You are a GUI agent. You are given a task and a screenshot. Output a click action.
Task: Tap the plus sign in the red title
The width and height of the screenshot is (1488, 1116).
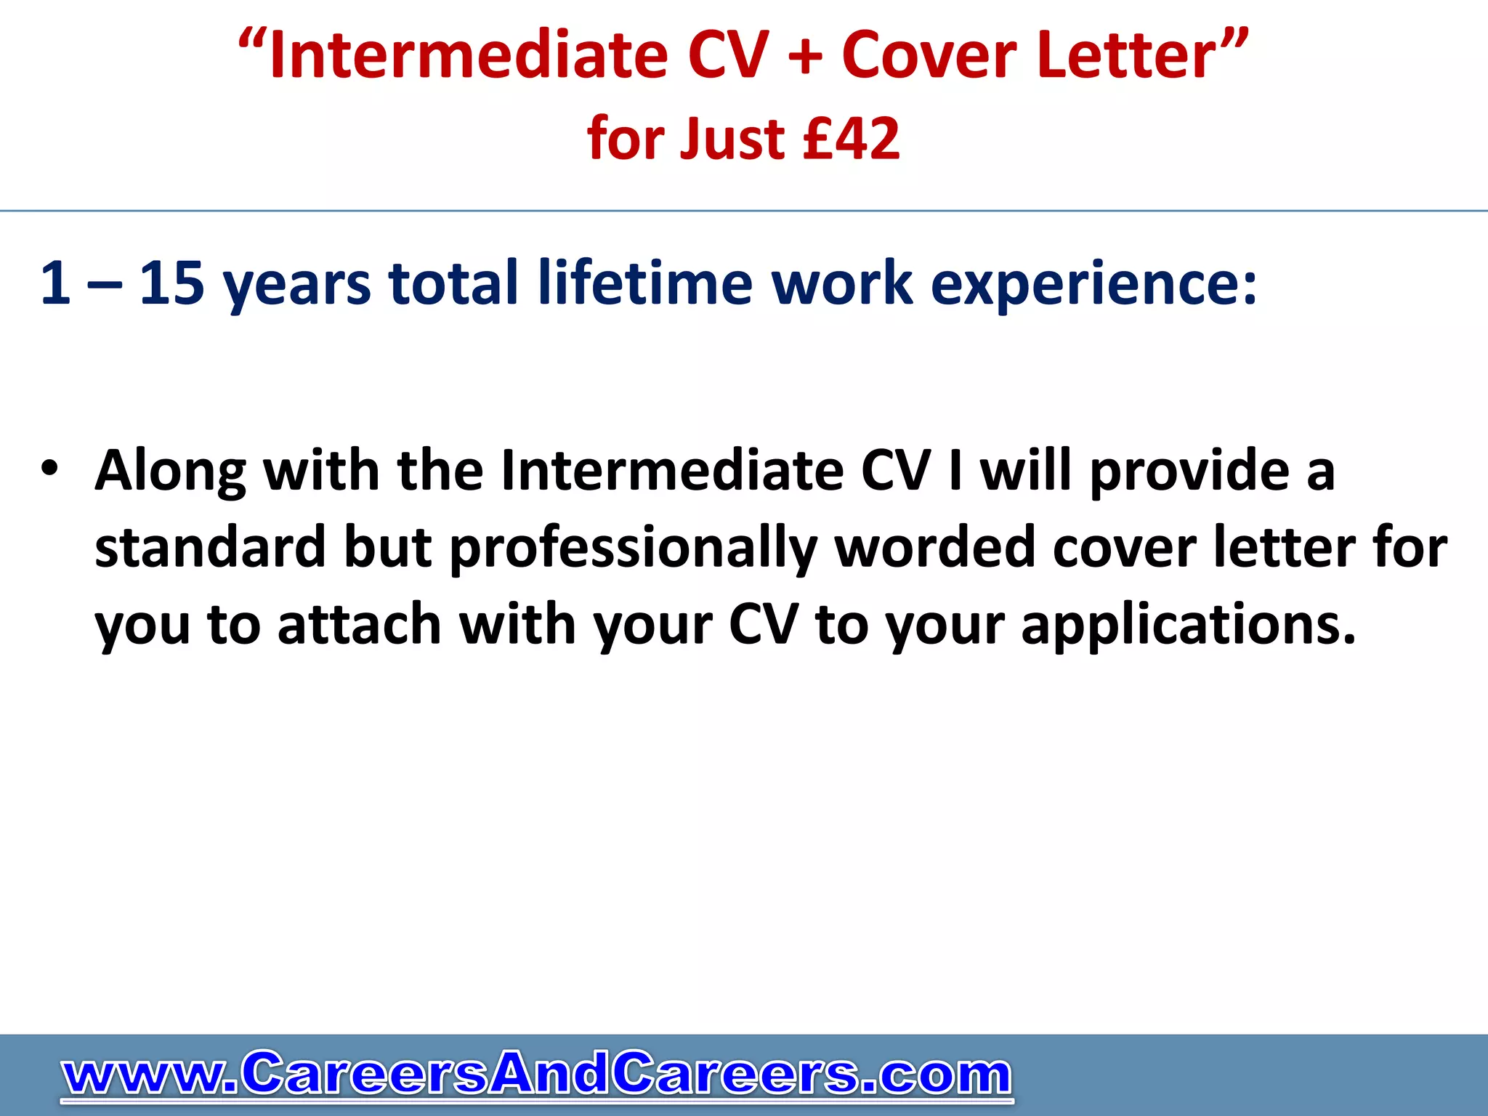click(x=804, y=57)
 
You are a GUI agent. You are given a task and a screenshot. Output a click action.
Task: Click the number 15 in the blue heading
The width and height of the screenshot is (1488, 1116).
click(x=171, y=283)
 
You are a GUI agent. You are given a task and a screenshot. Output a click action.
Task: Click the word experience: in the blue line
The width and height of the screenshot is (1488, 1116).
click(x=1093, y=283)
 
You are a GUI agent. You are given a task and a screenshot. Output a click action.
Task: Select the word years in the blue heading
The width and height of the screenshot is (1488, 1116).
click(x=296, y=285)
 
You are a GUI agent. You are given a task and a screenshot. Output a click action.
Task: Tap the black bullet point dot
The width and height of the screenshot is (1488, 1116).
click(x=49, y=469)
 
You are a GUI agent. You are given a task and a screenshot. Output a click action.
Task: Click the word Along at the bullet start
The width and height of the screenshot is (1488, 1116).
click(x=171, y=471)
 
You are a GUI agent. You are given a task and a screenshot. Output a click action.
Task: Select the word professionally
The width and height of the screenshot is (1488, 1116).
click(x=633, y=549)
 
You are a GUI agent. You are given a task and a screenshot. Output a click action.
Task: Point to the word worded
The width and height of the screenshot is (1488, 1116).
click(x=934, y=547)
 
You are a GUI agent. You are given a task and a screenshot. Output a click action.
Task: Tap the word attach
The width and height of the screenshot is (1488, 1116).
click(x=360, y=624)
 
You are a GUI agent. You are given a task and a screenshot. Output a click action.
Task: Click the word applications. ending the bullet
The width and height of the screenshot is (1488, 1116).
click(x=1189, y=625)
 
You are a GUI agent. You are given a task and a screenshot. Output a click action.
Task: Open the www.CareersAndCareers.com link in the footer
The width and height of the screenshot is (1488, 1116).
click(x=537, y=1074)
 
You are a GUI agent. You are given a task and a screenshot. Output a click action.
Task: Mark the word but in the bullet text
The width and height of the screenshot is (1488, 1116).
click(x=388, y=547)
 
